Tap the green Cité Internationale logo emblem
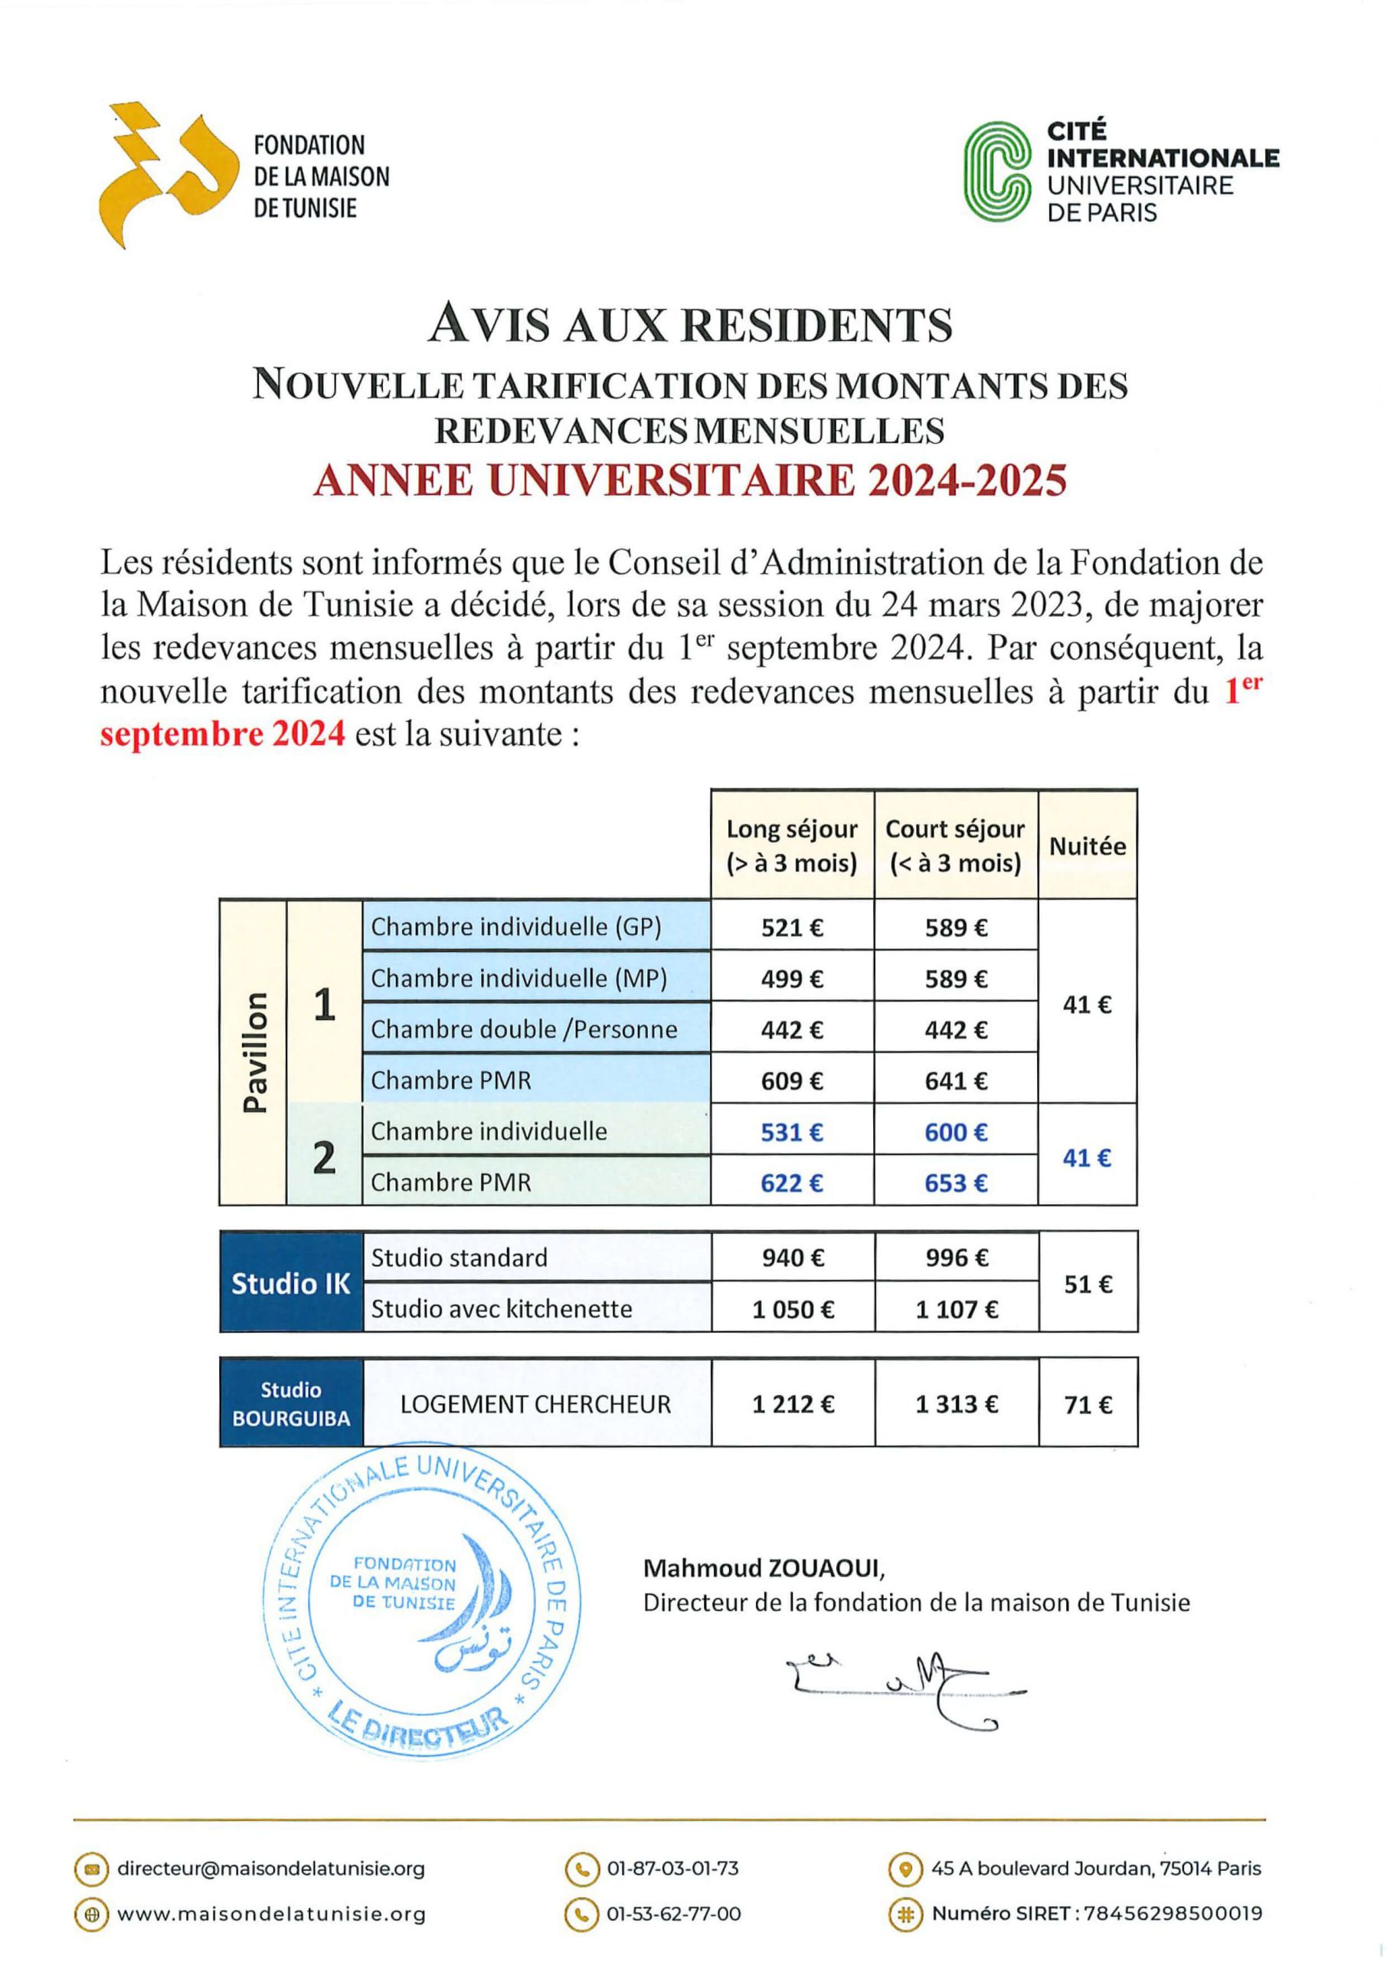[x=997, y=172]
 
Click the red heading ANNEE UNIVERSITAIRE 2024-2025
[x=690, y=481]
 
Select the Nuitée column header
[x=1088, y=846]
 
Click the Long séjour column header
[x=792, y=845]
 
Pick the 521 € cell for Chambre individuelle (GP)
[x=792, y=927]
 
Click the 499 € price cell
[x=792, y=979]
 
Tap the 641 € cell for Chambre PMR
[x=956, y=1081]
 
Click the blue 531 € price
[x=792, y=1132]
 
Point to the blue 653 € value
[x=956, y=1183]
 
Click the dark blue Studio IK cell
[x=291, y=1284]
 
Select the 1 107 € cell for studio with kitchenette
[x=957, y=1309]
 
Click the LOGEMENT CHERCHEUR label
[x=535, y=1404]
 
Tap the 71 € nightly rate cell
[x=1088, y=1405]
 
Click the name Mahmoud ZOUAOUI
[x=764, y=1568]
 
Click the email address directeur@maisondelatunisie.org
[x=271, y=1868]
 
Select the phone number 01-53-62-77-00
[x=673, y=1914]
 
